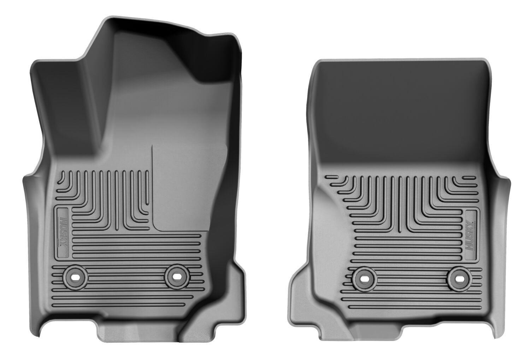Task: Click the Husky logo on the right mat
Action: (x=470, y=235)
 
